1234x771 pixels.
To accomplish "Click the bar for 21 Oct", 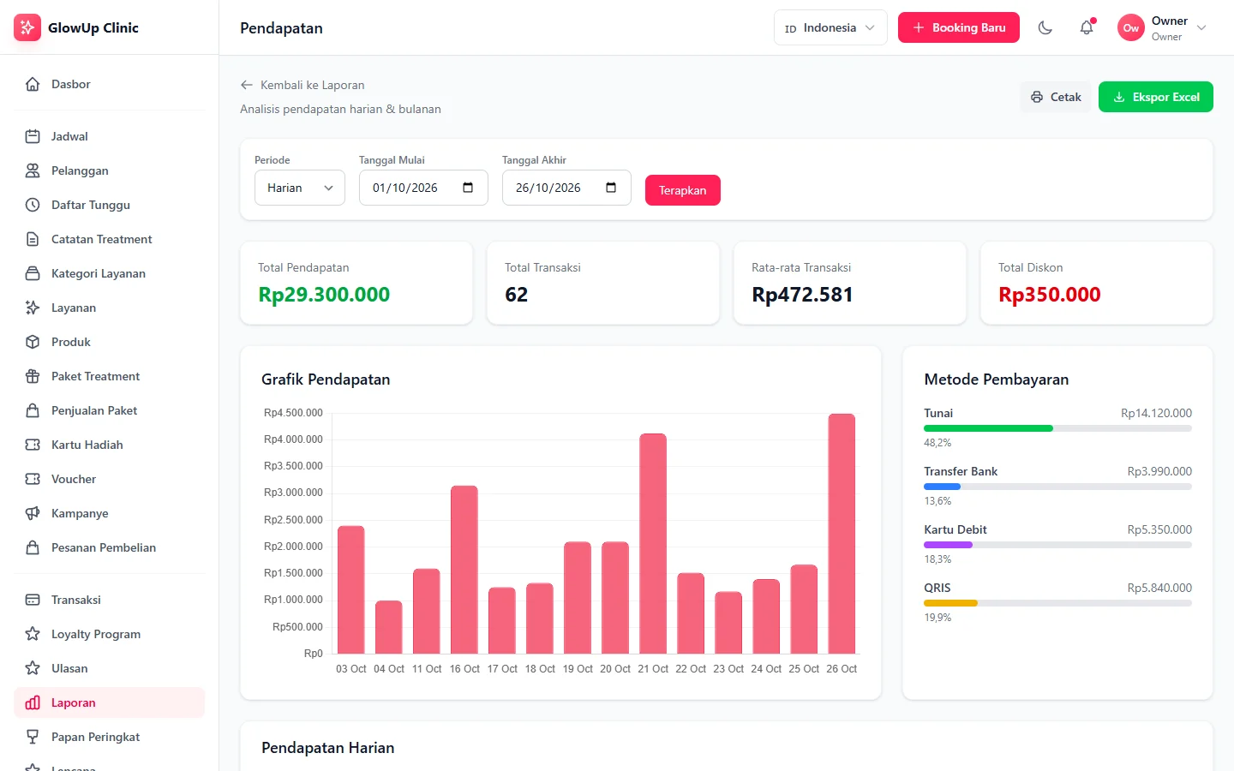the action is pos(653,543).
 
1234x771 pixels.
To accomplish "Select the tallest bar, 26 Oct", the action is pos(842,534).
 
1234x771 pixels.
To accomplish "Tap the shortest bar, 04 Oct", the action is pos(389,627).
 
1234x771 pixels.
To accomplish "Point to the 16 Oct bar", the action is pos(464,570).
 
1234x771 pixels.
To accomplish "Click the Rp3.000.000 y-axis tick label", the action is pos(293,493).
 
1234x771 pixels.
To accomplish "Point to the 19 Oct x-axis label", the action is pos(578,668).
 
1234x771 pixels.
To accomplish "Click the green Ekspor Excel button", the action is pos(1156,97).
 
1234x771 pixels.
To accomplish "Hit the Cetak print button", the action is pos(1056,97).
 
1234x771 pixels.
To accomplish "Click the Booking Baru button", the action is pos(959,27).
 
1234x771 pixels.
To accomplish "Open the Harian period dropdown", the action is pos(300,188).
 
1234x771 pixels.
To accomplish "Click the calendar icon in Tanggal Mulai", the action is pos(468,188).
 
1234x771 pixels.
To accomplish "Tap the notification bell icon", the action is pos(1087,27).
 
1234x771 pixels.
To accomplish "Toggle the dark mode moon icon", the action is pos(1045,27).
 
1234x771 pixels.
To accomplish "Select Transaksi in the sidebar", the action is pos(76,600).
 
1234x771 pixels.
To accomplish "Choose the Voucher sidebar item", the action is pos(74,479).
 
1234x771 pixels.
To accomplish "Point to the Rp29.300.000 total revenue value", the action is pos(324,295).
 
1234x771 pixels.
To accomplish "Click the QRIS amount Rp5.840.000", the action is pos(1159,588).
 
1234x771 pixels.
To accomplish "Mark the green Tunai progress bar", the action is pos(988,428).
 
